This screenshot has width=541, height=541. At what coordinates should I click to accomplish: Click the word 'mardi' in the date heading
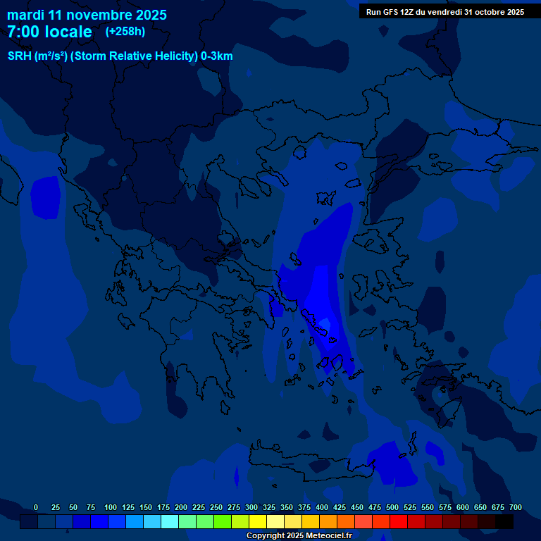coord(25,15)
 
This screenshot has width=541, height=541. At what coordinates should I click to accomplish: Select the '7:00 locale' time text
coord(49,32)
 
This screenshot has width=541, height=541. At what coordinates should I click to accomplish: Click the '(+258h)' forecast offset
coord(125,32)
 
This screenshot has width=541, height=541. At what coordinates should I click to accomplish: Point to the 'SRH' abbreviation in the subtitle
coord(19,56)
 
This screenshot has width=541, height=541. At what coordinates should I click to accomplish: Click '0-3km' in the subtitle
coord(217,56)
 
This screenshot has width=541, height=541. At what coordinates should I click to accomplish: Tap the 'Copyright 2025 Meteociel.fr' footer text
coord(299,536)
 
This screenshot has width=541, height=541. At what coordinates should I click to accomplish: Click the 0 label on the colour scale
coord(36,508)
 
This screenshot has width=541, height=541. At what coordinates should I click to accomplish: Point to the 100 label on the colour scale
coord(110,508)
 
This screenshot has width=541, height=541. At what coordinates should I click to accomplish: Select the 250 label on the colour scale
coord(216,508)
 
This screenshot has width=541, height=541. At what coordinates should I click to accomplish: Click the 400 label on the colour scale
coord(322,508)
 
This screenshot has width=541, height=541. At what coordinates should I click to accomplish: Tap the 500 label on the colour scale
coord(392,508)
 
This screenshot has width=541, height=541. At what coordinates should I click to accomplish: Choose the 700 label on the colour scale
coord(516,508)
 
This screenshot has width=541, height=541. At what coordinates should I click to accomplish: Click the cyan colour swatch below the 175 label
coord(170,522)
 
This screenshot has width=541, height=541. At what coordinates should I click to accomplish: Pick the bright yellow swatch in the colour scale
coord(258,522)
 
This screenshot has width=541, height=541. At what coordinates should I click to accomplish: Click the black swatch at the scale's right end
coord(504,522)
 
